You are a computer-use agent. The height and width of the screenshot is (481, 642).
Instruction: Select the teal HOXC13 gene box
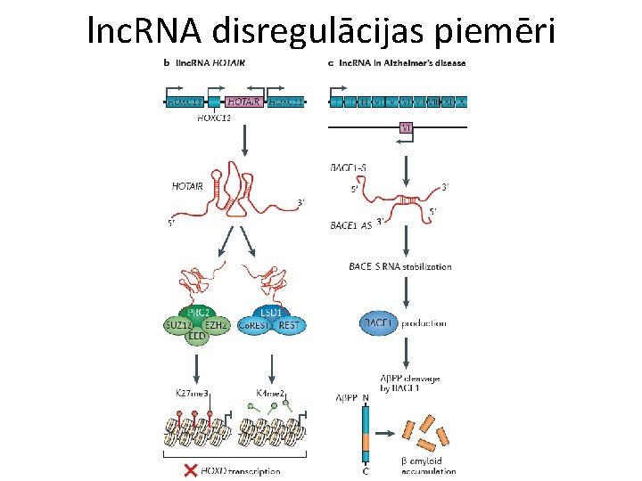point(183,102)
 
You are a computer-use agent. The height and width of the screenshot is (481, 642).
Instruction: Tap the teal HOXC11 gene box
point(285,102)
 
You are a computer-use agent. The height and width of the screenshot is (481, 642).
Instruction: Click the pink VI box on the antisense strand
point(406,128)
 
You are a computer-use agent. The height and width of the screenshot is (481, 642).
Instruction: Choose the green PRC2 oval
point(199,313)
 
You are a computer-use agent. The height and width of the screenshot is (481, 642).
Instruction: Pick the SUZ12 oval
point(177,326)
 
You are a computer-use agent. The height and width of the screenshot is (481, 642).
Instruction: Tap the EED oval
point(198,338)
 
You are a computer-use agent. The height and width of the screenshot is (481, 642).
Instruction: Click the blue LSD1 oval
point(272,313)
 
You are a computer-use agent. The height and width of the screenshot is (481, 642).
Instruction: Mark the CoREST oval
point(255,327)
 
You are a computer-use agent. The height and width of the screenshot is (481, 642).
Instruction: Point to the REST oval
point(290,326)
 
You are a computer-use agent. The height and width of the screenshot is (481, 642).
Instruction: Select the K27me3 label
point(194,393)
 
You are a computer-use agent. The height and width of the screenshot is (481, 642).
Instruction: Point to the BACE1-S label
point(350,167)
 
